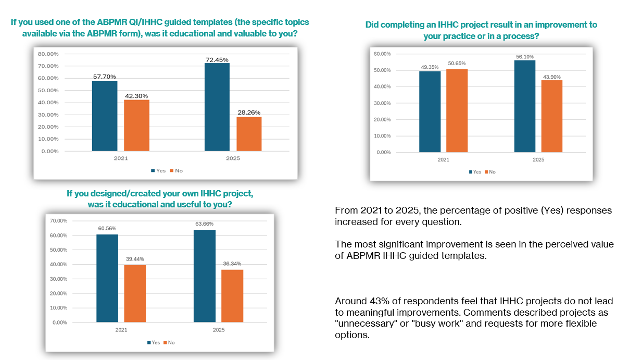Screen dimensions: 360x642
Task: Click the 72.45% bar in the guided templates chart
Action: [217, 107]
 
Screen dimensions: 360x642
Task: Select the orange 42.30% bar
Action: [136, 126]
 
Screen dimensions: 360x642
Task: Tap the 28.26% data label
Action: [249, 112]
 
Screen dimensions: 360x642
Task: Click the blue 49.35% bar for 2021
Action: [430, 112]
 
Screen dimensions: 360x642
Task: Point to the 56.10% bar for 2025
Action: [524, 106]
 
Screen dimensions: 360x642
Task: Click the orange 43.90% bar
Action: [551, 116]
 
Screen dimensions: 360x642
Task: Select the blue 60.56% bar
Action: [107, 278]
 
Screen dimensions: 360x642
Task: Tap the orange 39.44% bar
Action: [135, 293]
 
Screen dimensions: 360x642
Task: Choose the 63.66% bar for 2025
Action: [205, 276]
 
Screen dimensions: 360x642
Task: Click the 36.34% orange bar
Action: [232, 296]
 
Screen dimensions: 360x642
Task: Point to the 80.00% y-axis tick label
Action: [47, 54]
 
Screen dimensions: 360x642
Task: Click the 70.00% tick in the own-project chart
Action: [58, 221]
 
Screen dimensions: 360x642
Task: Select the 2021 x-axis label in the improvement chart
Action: [443, 160]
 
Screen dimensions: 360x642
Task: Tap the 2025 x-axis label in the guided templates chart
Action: [233, 158]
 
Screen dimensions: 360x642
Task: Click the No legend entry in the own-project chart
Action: [170, 342]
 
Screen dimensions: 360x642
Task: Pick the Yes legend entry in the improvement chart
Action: [474, 172]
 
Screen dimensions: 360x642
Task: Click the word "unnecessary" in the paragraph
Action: [360, 324]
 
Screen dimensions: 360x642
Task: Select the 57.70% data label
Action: [105, 77]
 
